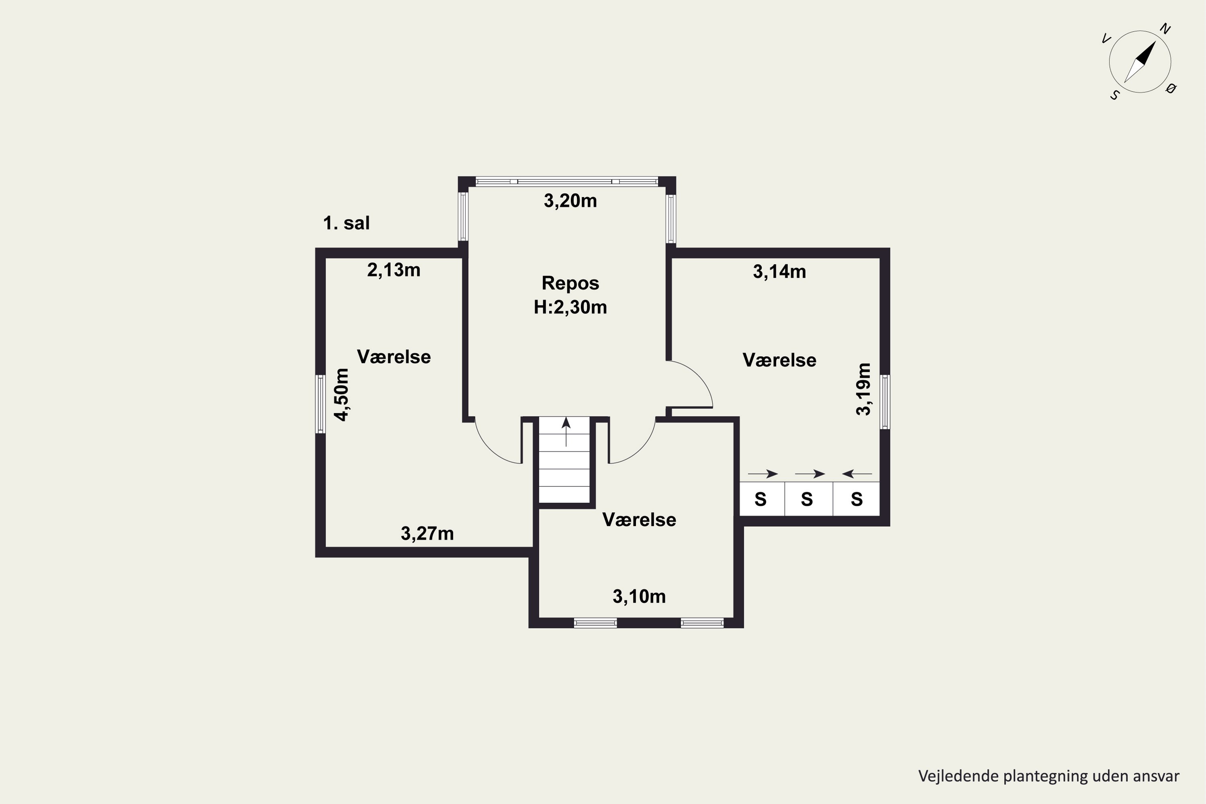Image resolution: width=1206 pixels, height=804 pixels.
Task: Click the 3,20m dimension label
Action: pyautogui.click(x=570, y=201)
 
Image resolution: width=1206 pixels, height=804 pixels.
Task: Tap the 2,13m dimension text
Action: pyautogui.click(x=394, y=270)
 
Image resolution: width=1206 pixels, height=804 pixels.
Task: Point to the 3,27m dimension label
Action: pyautogui.click(x=427, y=534)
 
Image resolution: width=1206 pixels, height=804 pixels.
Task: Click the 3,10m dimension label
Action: pyautogui.click(x=640, y=596)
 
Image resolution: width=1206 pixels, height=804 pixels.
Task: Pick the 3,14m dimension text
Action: pyautogui.click(x=779, y=272)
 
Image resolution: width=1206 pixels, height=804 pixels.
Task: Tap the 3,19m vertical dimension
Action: pyautogui.click(x=864, y=389)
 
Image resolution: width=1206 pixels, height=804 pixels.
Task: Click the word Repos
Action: pyautogui.click(x=570, y=283)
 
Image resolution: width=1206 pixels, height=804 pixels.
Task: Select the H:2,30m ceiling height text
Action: pyautogui.click(x=570, y=307)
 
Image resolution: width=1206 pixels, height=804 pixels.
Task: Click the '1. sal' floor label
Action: pyautogui.click(x=346, y=223)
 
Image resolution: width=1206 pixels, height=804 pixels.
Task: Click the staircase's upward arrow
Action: pyautogui.click(x=566, y=432)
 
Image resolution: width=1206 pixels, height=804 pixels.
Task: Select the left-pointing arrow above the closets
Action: pyautogui.click(x=857, y=474)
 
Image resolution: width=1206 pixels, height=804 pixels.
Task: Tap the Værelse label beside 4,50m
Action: pyautogui.click(x=394, y=357)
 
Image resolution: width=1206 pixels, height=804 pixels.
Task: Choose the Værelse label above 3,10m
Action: pyautogui.click(x=640, y=520)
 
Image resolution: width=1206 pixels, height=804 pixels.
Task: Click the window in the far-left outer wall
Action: pyautogui.click(x=320, y=404)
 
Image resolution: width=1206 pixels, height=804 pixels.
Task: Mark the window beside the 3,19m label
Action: pyautogui.click(x=885, y=402)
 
